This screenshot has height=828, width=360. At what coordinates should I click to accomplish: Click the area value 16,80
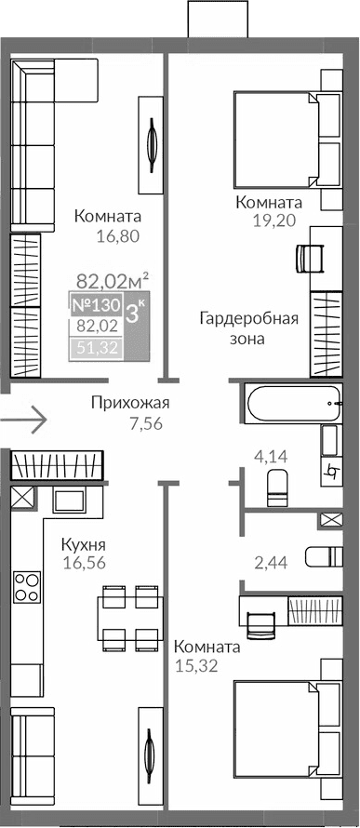(x=117, y=236)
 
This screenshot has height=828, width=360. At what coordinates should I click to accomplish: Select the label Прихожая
(x=130, y=403)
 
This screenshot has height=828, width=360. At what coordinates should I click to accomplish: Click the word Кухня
(x=83, y=544)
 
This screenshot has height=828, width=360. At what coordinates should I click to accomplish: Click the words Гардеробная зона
(x=248, y=328)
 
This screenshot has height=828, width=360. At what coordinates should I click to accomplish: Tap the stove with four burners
(x=27, y=588)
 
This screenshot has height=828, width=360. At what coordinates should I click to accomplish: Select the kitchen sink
(x=70, y=501)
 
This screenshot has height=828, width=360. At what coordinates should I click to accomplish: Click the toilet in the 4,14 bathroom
(x=275, y=487)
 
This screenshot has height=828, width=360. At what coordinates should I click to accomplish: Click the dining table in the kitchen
(x=129, y=617)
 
